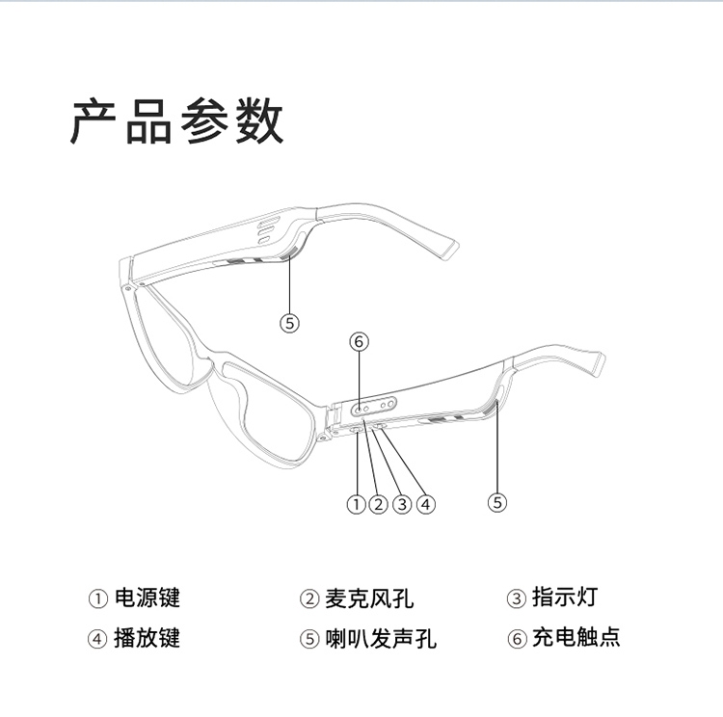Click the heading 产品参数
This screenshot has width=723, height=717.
[x=177, y=121]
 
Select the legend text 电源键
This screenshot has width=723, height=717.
[x=147, y=597]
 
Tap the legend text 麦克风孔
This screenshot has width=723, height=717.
[x=367, y=598]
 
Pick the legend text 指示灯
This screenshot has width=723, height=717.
[x=564, y=597]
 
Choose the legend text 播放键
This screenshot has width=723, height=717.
[x=147, y=637]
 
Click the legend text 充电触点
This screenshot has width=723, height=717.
[x=576, y=637]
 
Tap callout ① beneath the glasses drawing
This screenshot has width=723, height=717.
[x=357, y=502]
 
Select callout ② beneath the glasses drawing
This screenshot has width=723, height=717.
[x=379, y=502]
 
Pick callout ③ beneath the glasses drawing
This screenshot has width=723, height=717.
[x=402, y=502]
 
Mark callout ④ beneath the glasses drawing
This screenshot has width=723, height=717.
[x=425, y=502]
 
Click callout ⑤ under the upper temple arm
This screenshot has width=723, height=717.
[x=291, y=323]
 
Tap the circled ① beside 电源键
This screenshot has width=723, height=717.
[x=98, y=598]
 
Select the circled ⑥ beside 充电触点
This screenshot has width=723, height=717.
[x=516, y=638]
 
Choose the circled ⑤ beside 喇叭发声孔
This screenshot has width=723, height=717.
[x=308, y=638]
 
